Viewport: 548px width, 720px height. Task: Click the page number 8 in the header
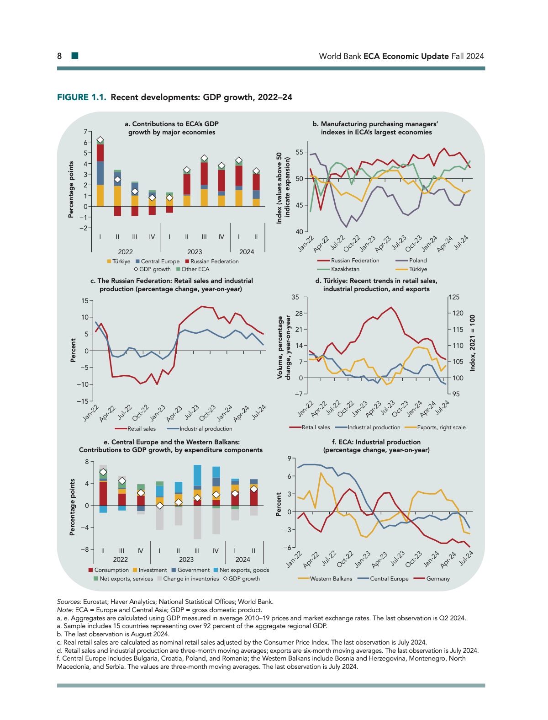tap(59, 56)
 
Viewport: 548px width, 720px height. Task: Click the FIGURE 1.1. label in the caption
tap(81, 97)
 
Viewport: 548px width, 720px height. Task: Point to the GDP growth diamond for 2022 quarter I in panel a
tap(100, 140)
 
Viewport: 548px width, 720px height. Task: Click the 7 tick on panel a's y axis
tap(85, 132)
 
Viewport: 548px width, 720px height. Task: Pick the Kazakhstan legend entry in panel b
tap(345, 269)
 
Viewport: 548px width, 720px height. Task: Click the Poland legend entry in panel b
tap(417, 261)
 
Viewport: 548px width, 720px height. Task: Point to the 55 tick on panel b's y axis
tap(299, 152)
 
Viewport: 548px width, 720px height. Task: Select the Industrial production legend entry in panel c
tap(205, 429)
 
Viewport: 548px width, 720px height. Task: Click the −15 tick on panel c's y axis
tap(84, 401)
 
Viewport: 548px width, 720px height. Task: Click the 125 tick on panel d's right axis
tap(455, 297)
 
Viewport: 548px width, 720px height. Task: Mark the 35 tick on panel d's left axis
tap(295, 297)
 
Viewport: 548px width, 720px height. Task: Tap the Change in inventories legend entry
tap(191, 579)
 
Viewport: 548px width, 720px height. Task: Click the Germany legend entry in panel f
tap(437, 579)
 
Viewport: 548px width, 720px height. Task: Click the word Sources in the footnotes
tap(68, 602)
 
